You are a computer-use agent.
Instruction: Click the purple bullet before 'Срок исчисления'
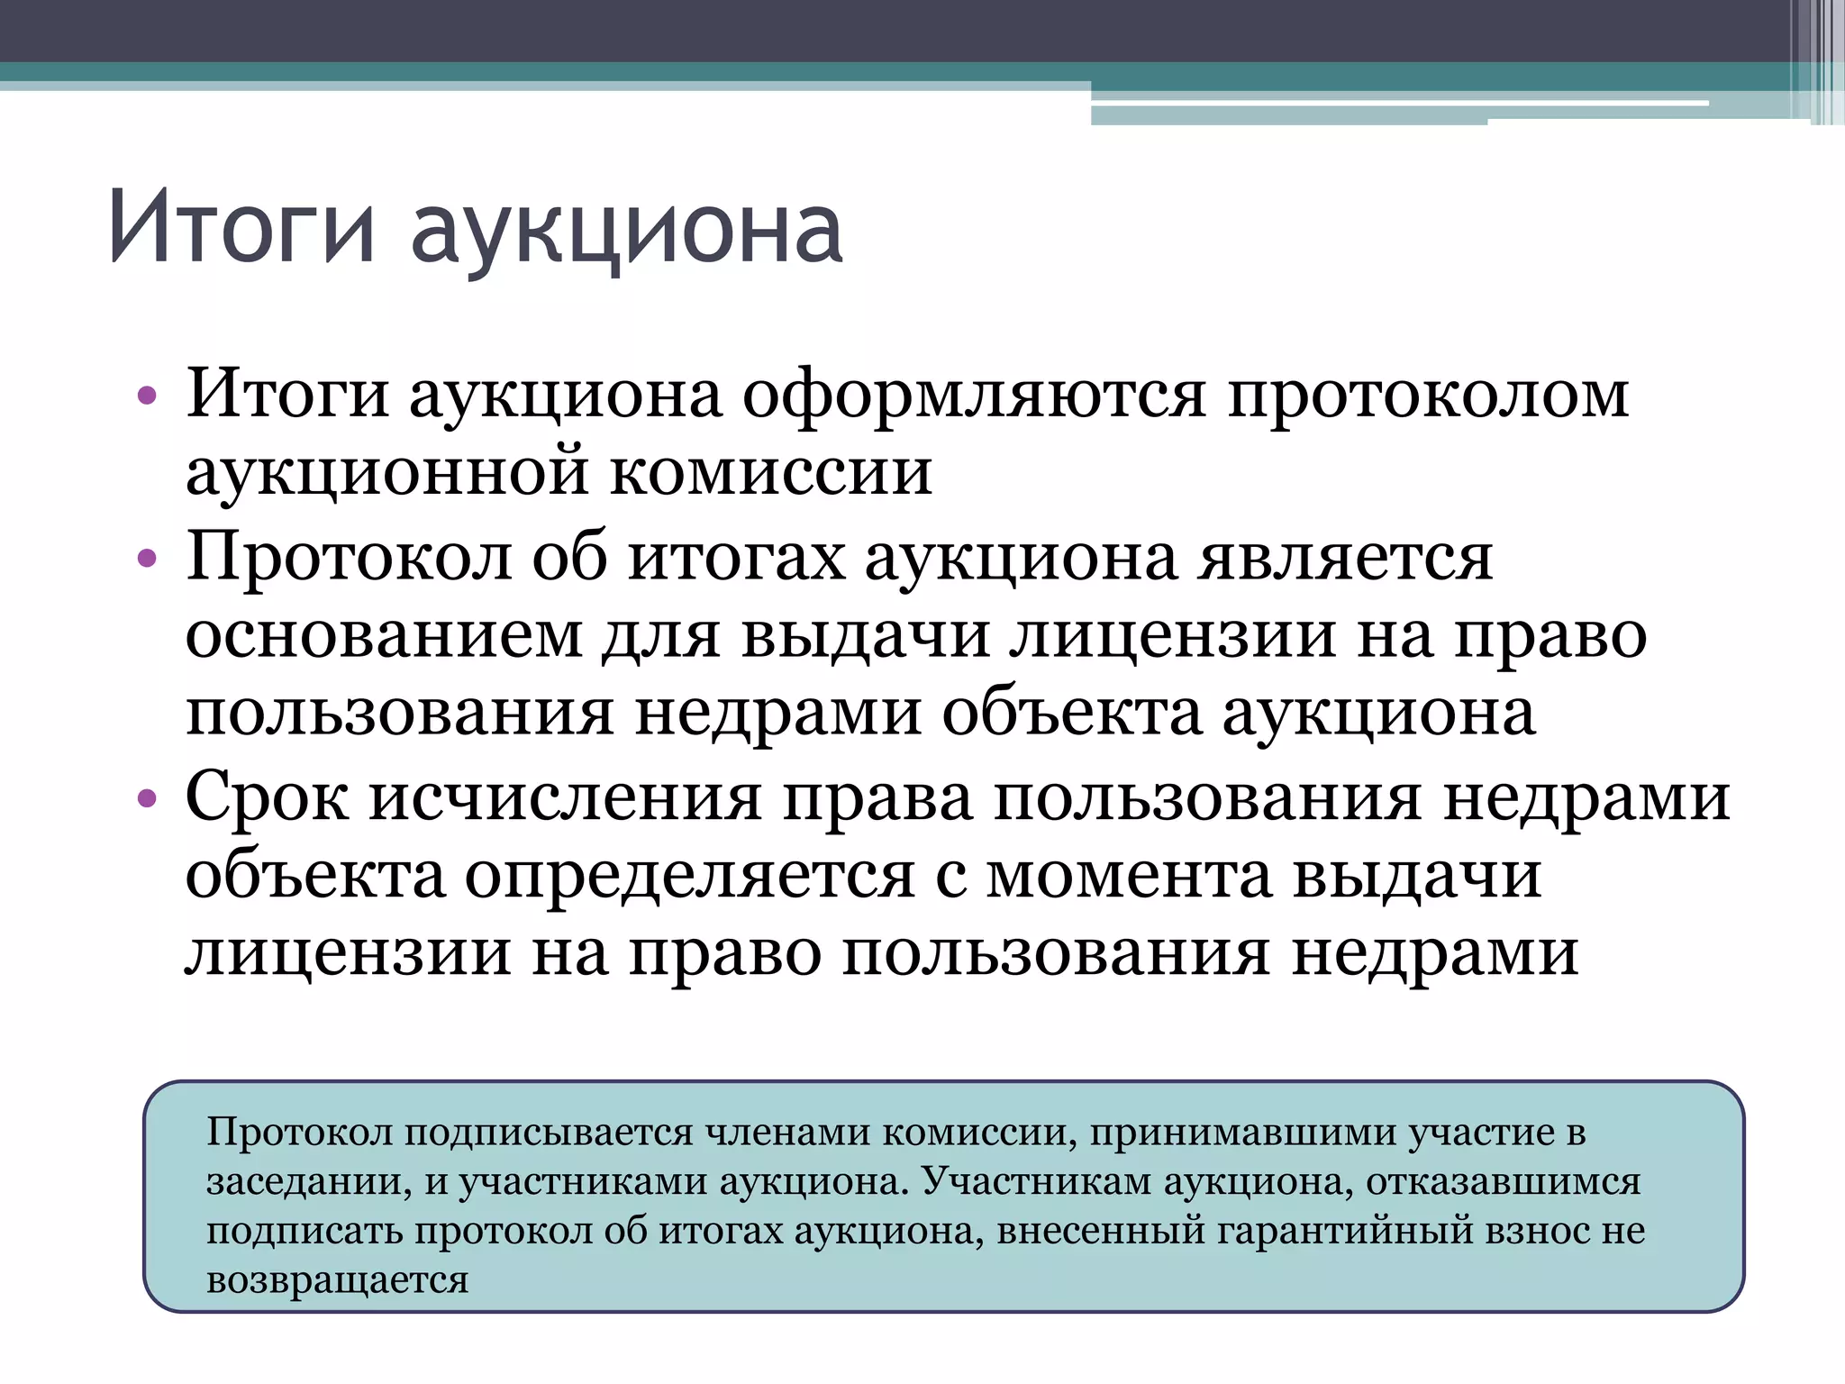click(147, 798)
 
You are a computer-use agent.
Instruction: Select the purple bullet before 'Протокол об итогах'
click(147, 559)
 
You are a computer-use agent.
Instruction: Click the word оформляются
click(974, 396)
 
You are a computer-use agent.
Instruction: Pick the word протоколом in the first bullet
click(1428, 396)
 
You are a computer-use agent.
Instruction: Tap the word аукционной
click(387, 472)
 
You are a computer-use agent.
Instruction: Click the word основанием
click(384, 635)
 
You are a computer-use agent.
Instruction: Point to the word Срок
click(267, 798)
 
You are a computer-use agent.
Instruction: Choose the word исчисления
click(565, 797)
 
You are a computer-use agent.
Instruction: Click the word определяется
click(689, 876)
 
